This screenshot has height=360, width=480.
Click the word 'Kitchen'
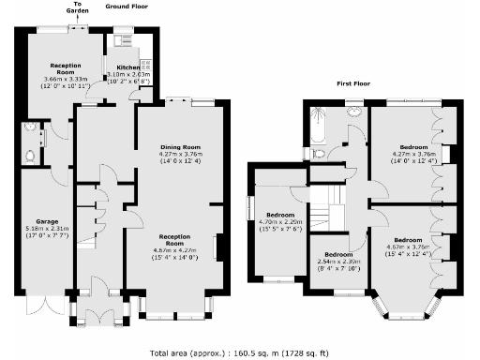[127, 67]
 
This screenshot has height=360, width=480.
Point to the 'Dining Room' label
[179, 147]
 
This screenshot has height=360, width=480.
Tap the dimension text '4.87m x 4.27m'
[179, 250]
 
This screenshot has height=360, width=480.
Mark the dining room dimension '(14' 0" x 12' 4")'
[179, 162]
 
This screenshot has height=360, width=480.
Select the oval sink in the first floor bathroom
[354, 112]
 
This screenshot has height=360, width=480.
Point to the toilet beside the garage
[32, 155]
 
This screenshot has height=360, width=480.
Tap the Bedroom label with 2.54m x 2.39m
[337, 255]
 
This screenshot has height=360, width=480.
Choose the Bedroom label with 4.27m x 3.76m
[413, 147]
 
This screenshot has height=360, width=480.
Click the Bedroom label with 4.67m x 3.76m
[413, 239]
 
